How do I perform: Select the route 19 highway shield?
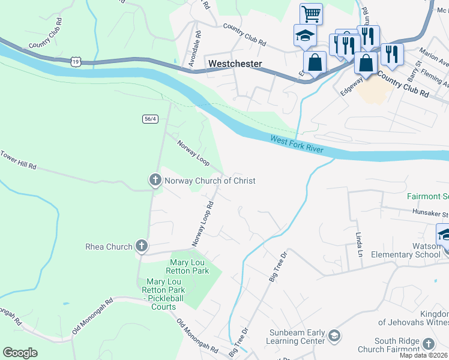pyautogui.click(x=75, y=61)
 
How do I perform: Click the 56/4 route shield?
pyautogui.click(x=151, y=119)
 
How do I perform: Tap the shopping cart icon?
pyautogui.click(x=311, y=13)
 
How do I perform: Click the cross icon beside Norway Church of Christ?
pyautogui.click(x=155, y=180)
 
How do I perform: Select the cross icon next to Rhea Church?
pyautogui.click(x=141, y=246)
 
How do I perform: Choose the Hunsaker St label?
pyautogui.click(x=430, y=213)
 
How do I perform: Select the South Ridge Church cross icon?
pyautogui.click(x=428, y=343)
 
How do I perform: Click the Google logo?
pyautogui.click(x=20, y=353)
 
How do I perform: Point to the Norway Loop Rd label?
pyautogui.click(x=203, y=224)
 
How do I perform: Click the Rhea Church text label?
pyautogui.click(x=108, y=247)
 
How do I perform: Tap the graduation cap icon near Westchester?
pyautogui.click(x=304, y=36)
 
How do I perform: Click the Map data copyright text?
pyautogui.click(x=423, y=355)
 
